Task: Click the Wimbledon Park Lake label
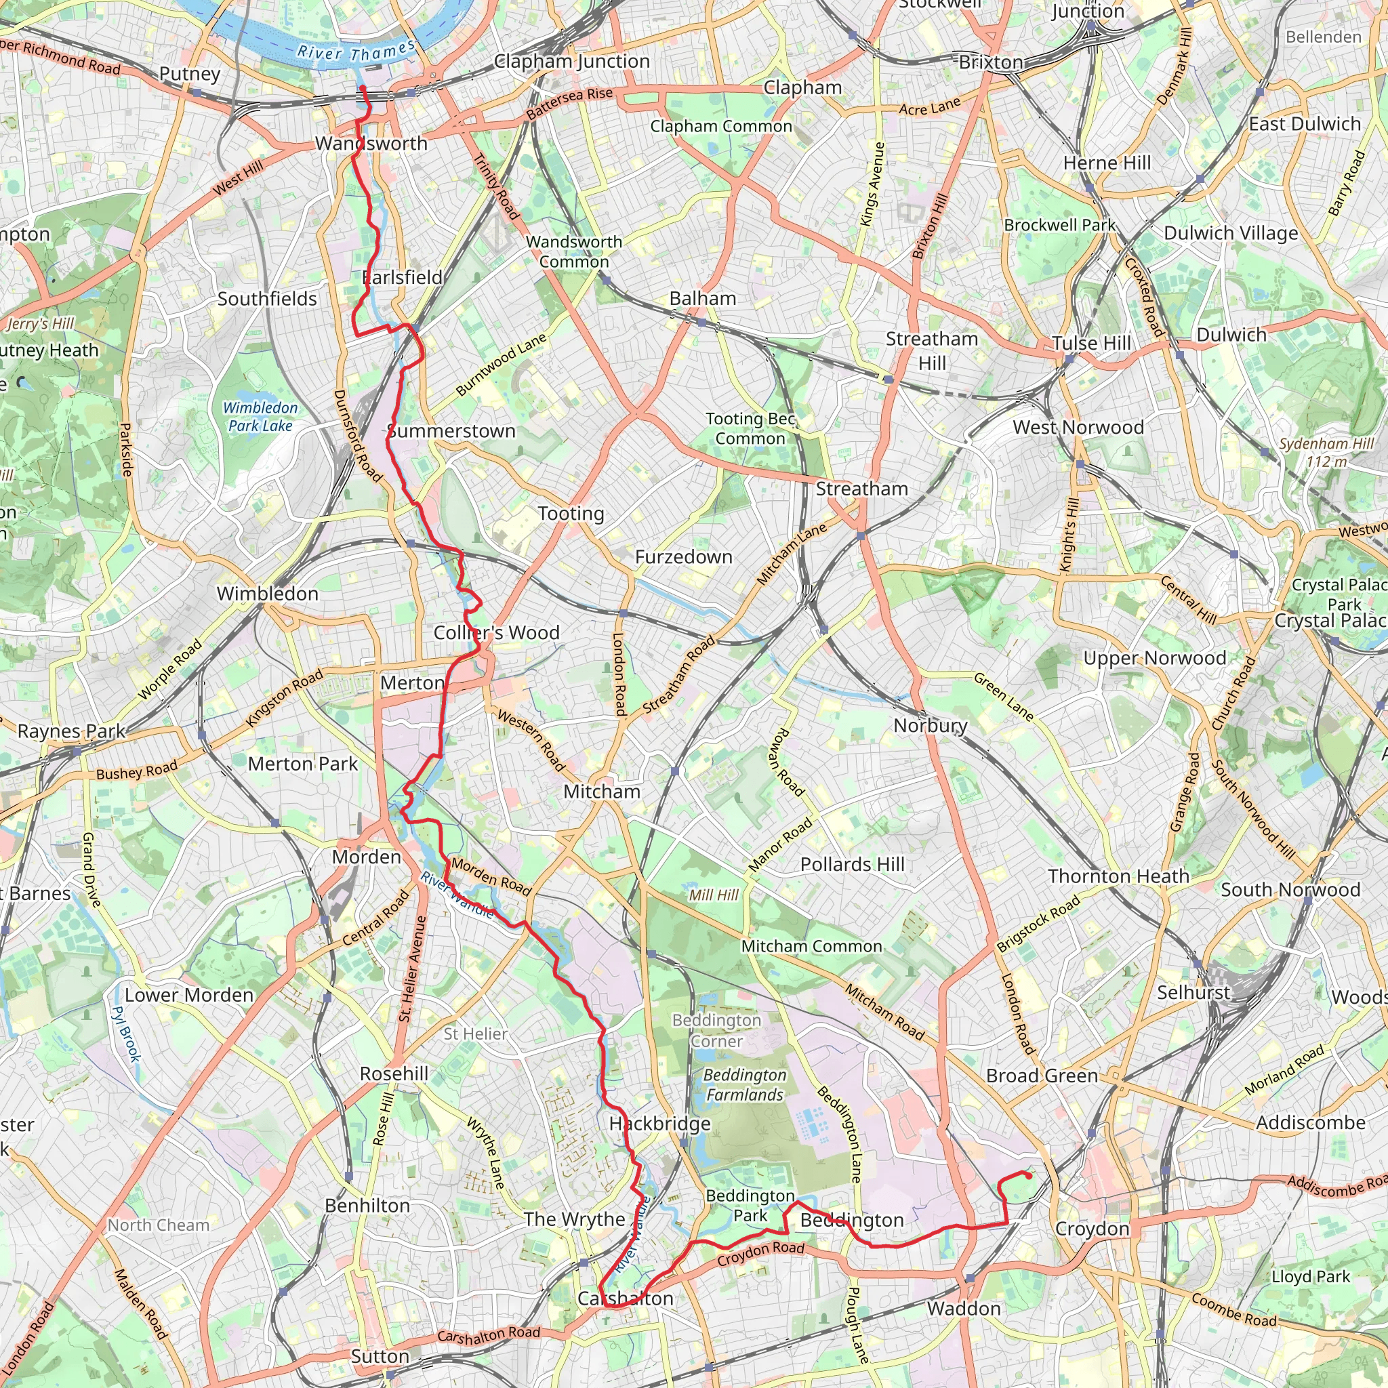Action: tap(260, 417)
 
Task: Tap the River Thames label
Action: tap(356, 52)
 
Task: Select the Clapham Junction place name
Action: tap(572, 62)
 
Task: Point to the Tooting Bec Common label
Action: tap(750, 428)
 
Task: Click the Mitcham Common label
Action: tap(811, 946)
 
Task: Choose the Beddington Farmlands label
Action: tap(744, 1085)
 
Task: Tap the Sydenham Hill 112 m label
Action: tap(1326, 453)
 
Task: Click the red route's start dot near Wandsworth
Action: tap(363, 88)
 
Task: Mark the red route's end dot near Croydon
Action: tap(1029, 1176)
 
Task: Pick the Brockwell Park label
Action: tap(1060, 225)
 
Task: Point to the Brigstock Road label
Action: tap(1038, 923)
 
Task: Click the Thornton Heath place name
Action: tap(1118, 876)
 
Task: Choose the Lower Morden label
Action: tap(189, 995)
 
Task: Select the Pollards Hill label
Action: tap(852, 864)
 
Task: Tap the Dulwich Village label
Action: tap(1231, 234)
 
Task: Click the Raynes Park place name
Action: tap(71, 731)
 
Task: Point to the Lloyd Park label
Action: tap(1311, 1277)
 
